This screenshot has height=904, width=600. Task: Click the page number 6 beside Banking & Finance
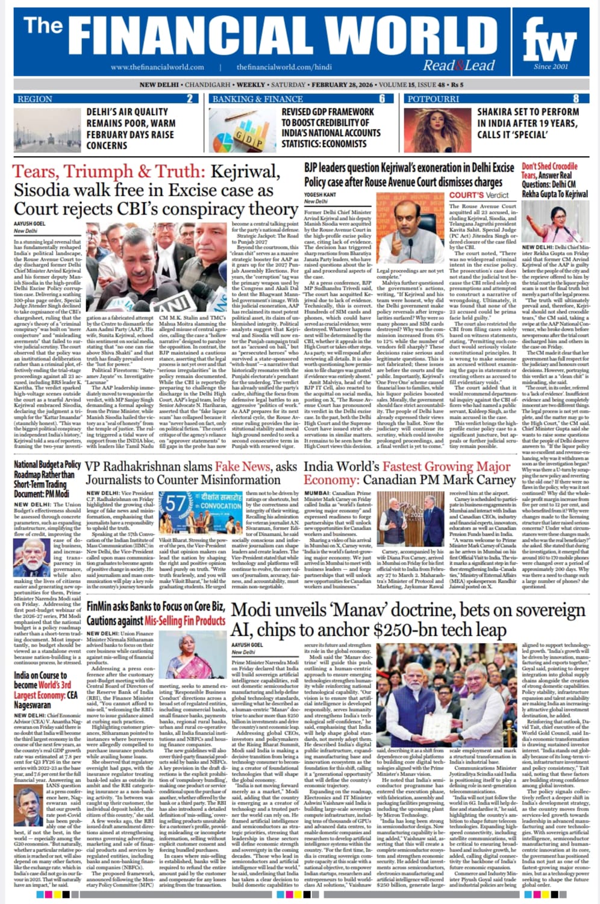tap(382, 99)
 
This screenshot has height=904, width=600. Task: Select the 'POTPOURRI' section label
tap(433, 99)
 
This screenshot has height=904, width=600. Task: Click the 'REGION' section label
tap(35, 99)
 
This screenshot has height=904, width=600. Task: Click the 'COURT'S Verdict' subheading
tap(479, 195)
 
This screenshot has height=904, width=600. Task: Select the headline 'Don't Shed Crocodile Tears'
tap(549, 171)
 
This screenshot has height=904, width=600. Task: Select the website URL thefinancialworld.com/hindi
tap(284, 67)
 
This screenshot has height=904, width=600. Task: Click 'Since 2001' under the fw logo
tap(550, 66)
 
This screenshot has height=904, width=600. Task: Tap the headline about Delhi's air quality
tap(130, 128)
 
